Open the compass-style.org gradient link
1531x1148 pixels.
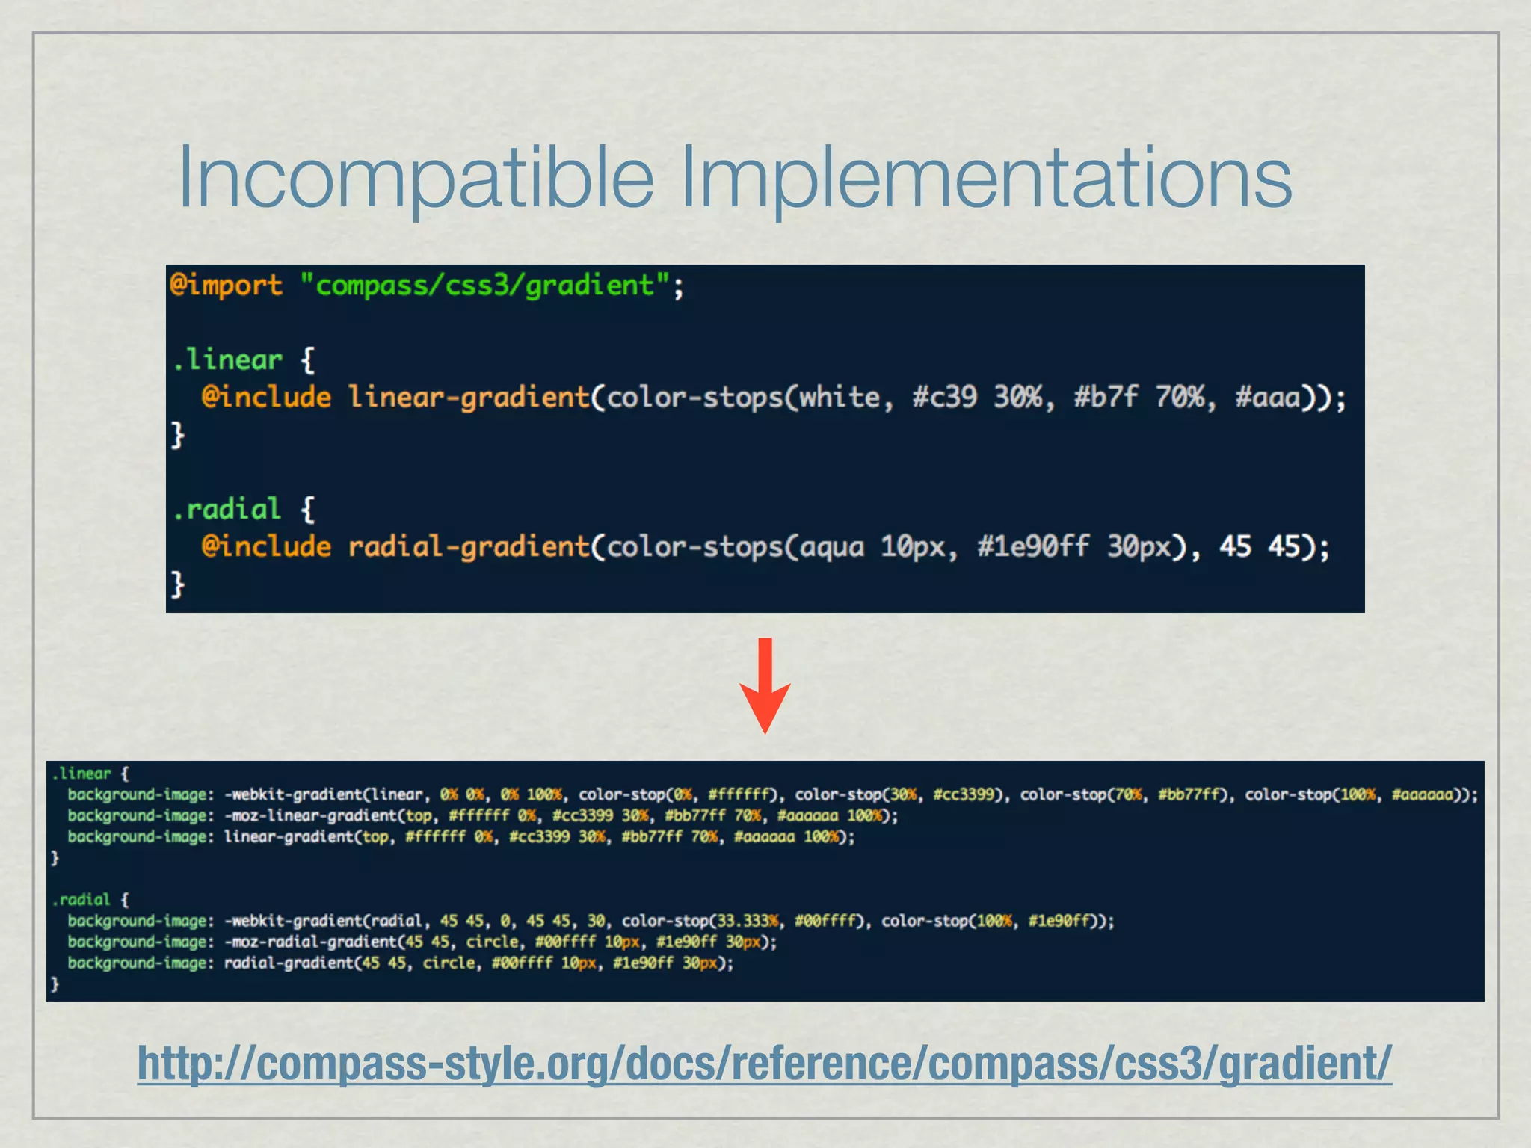coord(764,1064)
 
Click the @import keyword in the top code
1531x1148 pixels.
coord(226,286)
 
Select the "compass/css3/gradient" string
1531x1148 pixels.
coord(484,286)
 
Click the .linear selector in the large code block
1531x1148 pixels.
coord(227,360)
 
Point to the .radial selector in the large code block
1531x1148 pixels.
coord(227,510)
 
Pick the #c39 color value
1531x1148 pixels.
coord(944,397)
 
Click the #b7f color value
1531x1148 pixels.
coord(1106,397)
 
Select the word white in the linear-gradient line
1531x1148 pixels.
coord(839,397)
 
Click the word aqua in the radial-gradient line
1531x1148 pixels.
coord(831,546)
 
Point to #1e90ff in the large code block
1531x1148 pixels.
coord(1033,546)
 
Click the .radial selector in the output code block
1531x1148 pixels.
coord(81,899)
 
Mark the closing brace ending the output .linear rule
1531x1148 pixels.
coord(55,858)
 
